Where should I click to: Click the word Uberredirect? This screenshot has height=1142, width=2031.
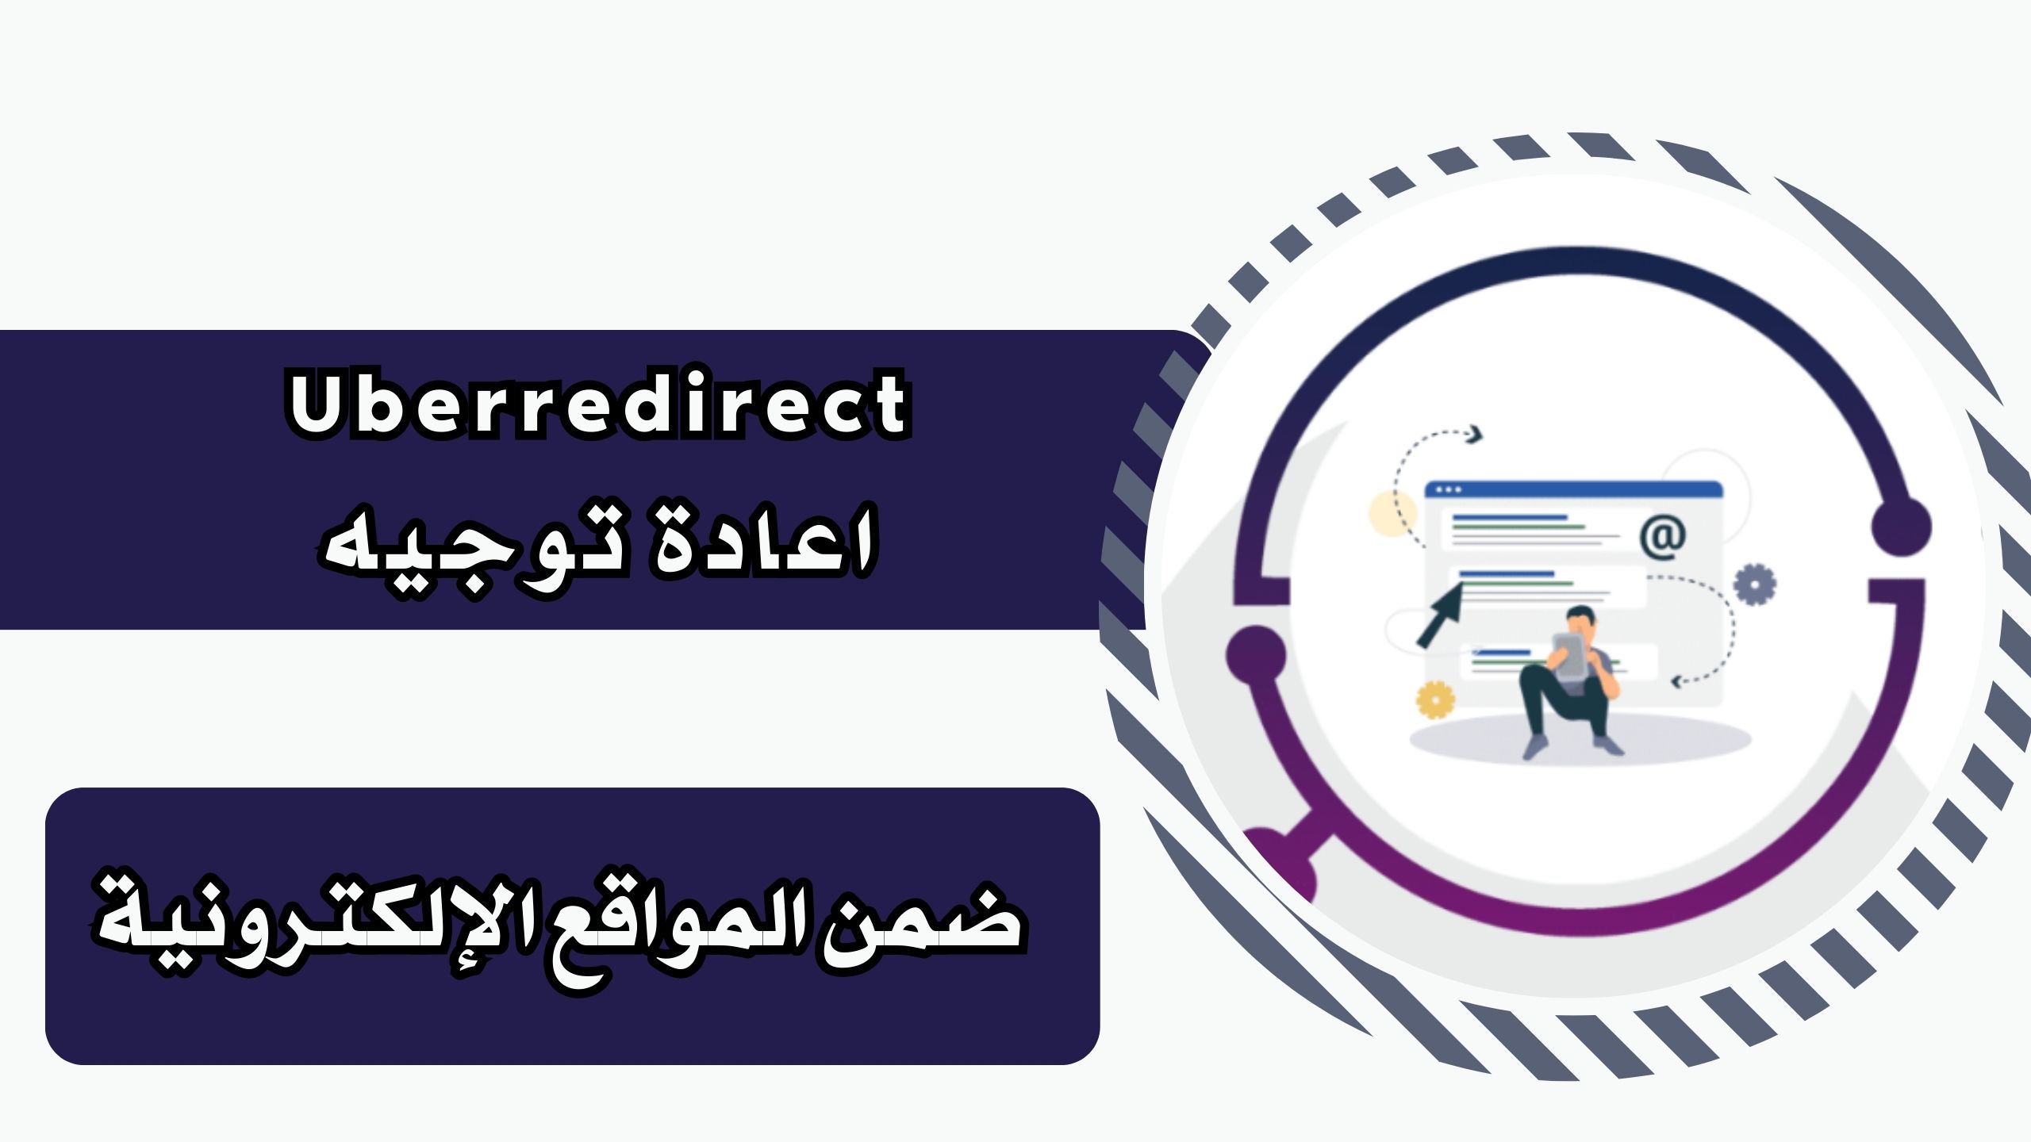599,404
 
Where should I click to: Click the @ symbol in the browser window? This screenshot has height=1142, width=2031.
1662,538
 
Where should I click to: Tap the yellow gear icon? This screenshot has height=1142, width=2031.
1435,700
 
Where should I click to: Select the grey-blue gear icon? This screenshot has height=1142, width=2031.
1754,584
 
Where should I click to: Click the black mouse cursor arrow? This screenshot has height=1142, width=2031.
1440,615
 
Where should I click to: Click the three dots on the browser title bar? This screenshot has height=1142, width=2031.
1448,489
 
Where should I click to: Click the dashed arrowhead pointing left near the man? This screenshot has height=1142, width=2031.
1677,680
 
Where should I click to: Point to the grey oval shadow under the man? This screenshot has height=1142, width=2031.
1579,740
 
